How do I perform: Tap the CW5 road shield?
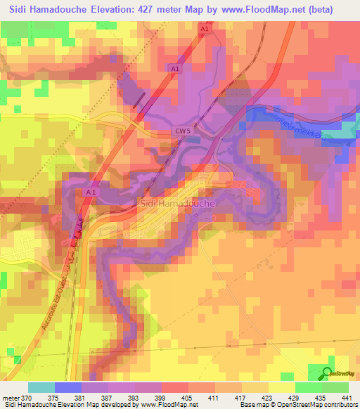[183, 132]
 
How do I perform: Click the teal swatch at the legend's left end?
[41, 387]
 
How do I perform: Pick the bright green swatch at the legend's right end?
[335, 387]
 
